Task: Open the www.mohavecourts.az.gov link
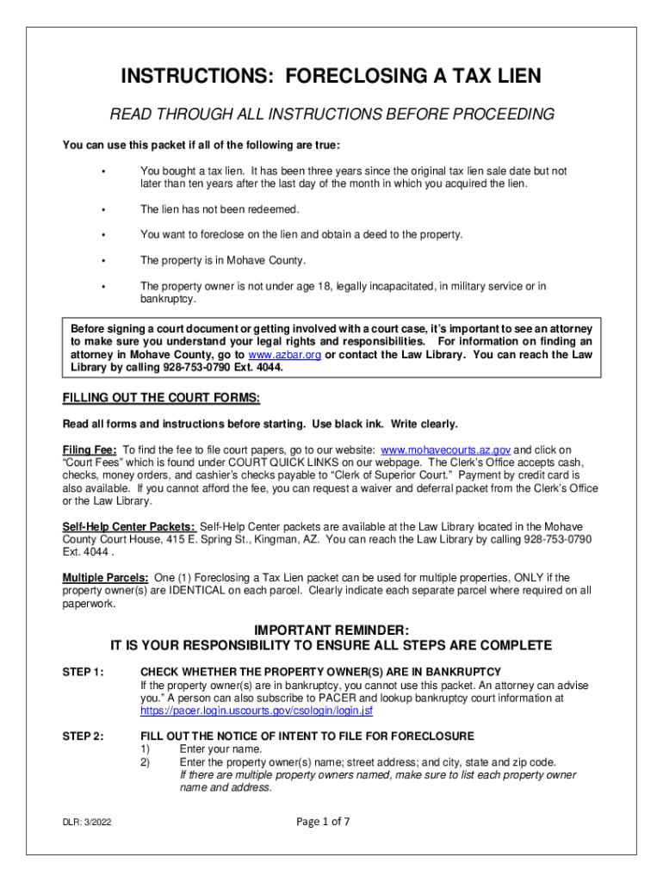coord(446,450)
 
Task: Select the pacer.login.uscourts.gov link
coord(257,711)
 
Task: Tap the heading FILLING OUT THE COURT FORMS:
coord(161,398)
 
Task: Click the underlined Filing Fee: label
coord(90,450)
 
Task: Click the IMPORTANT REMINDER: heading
coord(331,630)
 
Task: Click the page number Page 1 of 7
coord(323,821)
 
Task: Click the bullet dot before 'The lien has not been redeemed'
coord(102,209)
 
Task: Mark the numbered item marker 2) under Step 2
coord(146,762)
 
